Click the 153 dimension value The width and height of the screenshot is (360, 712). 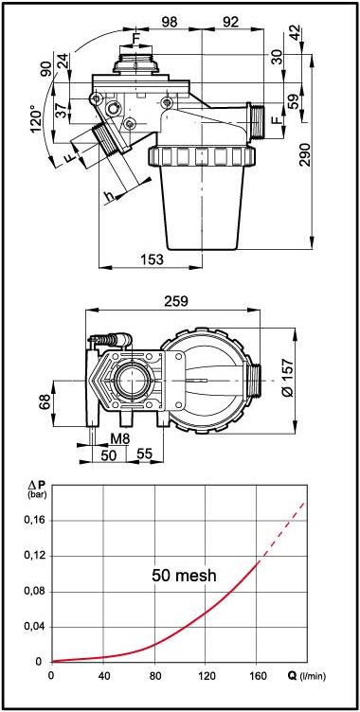pyautogui.click(x=152, y=259)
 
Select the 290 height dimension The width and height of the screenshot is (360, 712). pyautogui.click(x=306, y=154)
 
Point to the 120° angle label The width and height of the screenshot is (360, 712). pyautogui.click(x=39, y=119)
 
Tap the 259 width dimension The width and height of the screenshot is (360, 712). pyautogui.click(x=176, y=301)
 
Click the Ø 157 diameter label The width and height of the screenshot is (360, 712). pyautogui.click(x=287, y=380)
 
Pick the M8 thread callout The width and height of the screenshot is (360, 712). pyautogui.click(x=118, y=439)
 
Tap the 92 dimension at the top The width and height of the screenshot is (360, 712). pyautogui.click(x=232, y=22)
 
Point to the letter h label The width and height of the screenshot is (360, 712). pyautogui.click(x=109, y=196)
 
